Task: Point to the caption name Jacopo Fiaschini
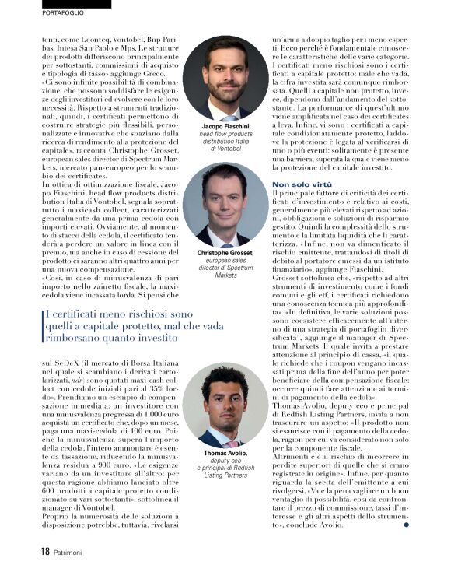(x=226, y=125)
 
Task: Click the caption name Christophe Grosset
(x=226, y=253)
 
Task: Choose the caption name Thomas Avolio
(x=226, y=452)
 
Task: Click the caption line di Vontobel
(x=226, y=148)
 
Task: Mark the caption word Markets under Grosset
(x=226, y=275)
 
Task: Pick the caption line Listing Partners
(x=226, y=475)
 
